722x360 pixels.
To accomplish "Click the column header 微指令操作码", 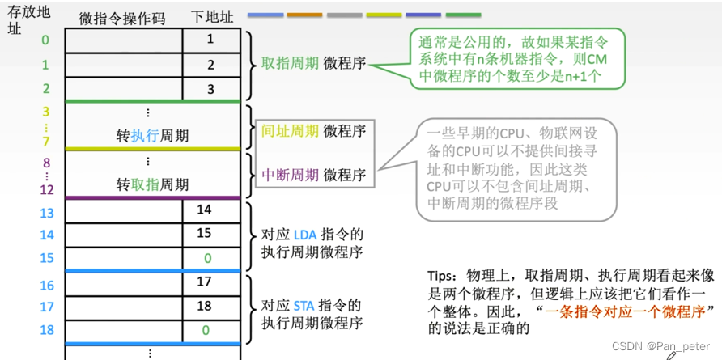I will point(122,19).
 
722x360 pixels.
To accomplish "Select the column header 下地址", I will point(210,19).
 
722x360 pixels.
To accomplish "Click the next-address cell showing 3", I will point(210,89).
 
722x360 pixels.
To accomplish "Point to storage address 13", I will point(46,213).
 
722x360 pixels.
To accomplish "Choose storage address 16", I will point(46,286).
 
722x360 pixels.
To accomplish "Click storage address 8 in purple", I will point(46,163).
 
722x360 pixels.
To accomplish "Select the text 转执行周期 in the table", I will point(152,136).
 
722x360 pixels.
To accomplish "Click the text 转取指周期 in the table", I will point(152,185).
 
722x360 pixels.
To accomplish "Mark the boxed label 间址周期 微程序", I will point(313,129).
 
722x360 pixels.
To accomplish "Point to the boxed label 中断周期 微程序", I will point(313,174).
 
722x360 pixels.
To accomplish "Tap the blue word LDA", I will point(305,235).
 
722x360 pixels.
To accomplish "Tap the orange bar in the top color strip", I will point(304,15).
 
